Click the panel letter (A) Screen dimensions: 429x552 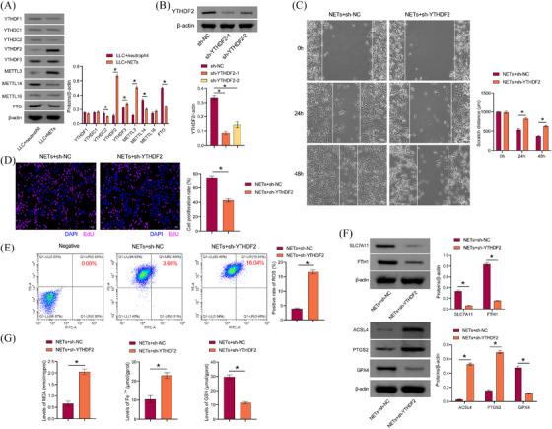(12, 7)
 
